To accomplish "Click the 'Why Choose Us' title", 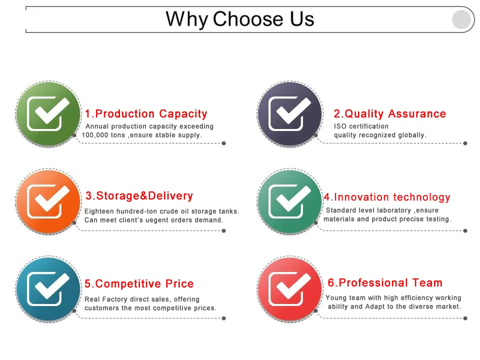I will coord(240,19).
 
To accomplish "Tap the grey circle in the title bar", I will coord(461,19).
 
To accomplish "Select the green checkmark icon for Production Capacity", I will coord(48,113).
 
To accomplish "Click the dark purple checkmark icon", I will coord(289,113).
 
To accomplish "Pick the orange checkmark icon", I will coord(48,201).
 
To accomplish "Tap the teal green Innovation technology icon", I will coord(289,201).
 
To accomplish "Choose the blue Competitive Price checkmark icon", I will coord(48,288).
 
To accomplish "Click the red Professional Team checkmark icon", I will coord(289,288).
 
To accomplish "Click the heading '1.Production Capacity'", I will coord(146,114).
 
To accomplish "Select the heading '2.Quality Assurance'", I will coord(390,114).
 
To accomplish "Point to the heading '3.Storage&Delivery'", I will coord(139,196).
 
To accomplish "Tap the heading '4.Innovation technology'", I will coord(387,197).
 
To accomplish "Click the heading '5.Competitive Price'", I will coord(139,284).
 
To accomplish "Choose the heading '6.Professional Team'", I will coord(385,283).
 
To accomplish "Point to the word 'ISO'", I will coord(340,126).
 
